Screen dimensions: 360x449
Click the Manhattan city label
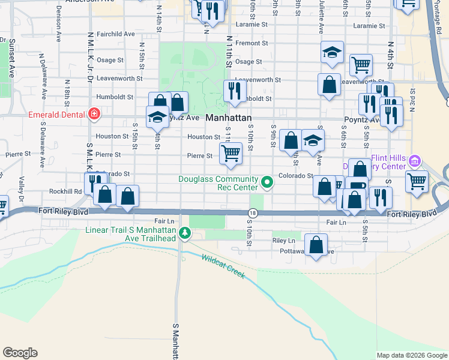(x=228, y=118)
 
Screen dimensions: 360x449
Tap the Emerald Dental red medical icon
(x=94, y=113)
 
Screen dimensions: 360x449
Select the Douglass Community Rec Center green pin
(x=268, y=181)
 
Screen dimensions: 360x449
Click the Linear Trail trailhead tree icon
(x=185, y=233)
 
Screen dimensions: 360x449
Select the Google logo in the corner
(x=20, y=353)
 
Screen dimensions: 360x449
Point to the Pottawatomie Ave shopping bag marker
(x=316, y=245)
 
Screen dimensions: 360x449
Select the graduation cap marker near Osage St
(x=331, y=52)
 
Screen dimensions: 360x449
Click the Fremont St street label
(x=252, y=43)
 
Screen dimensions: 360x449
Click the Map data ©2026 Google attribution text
(x=412, y=355)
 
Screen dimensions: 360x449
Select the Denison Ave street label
(x=59, y=28)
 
